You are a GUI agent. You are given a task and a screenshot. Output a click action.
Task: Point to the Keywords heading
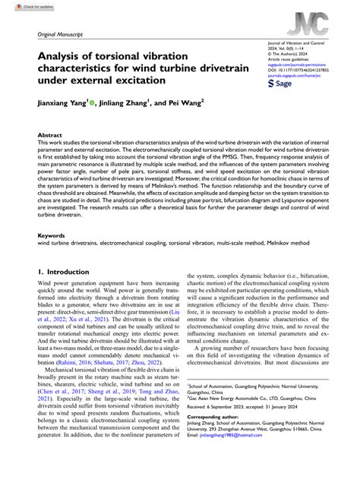pyautogui.click(x=52, y=235)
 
